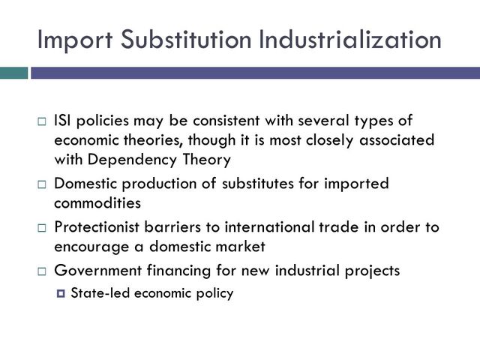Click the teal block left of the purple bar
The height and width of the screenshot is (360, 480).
click(13, 73)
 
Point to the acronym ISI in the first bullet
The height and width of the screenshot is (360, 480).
click(63, 120)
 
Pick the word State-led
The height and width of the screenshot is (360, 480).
click(98, 292)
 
